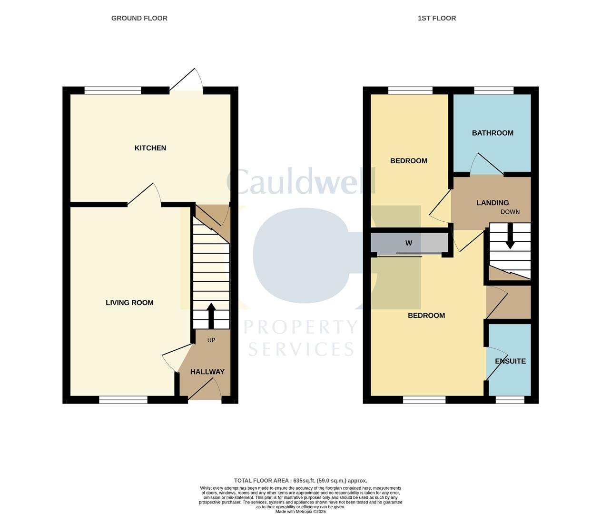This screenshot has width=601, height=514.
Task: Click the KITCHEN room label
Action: point(150,148)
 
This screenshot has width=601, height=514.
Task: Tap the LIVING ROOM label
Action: point(129,303)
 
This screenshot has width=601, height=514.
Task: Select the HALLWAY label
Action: point(207,372)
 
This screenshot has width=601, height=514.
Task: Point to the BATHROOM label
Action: point(493,133)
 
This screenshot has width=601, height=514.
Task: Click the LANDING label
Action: point(493,203)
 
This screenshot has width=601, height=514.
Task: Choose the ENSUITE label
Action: point(510,361)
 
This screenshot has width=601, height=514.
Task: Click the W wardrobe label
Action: point(409,243)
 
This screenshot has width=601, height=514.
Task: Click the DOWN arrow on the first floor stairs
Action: point(510,237)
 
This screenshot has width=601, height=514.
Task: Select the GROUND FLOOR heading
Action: point(139,18)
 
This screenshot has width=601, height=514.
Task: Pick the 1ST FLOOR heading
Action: point(436,18)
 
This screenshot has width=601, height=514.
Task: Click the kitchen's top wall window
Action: point(113,90)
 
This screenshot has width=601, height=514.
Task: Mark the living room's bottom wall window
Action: point(123,400)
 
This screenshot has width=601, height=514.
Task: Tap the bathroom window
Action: point(494,90)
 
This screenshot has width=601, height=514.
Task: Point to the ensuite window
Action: point(510,400)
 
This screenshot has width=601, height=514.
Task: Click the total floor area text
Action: point(300,481)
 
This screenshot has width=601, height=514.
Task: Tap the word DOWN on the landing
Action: point(510,212)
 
